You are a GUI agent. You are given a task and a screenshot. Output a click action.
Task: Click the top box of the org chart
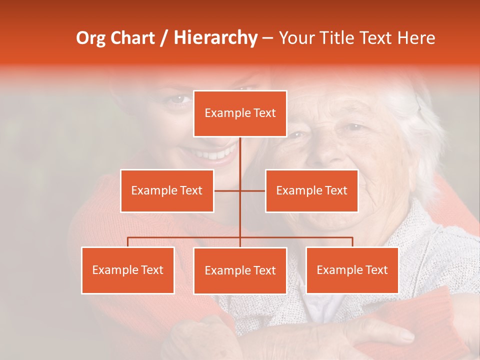pos(240,113)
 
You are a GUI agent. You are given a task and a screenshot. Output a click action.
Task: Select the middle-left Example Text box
pos(167,190)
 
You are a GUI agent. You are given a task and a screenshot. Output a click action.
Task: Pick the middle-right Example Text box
pos(311,190)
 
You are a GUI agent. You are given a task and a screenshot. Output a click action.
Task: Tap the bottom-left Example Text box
pos(128,270)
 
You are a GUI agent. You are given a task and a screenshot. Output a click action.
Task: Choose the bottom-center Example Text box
pos(240,270)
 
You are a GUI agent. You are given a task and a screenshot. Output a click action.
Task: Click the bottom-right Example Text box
pos(352,270)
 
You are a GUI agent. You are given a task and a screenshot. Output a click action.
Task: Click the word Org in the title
pos(90,38)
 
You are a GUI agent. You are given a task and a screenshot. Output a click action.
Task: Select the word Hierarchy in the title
pos(215,38)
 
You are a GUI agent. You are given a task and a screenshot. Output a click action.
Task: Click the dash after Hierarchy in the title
pos(268,38)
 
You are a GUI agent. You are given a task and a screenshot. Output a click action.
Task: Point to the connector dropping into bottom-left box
pos(128,242)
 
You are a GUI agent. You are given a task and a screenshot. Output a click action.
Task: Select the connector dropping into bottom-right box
pos(352,242)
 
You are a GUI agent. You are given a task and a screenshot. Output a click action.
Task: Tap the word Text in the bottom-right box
pos(376,270)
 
